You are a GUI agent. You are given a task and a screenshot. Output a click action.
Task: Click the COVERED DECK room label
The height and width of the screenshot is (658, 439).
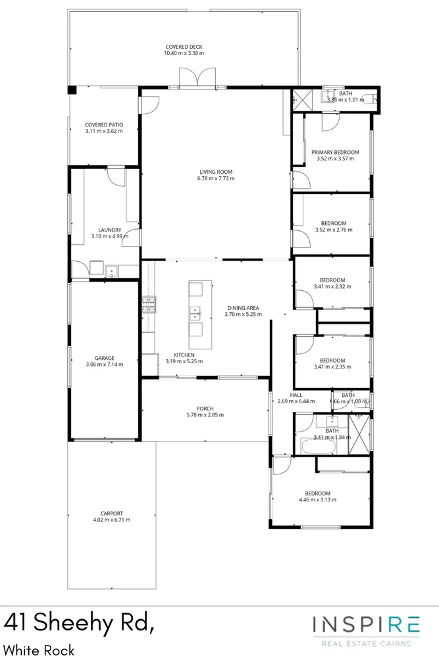point(184,47)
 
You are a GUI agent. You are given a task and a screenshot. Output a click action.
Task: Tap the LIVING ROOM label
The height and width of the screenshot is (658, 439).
point(217,172)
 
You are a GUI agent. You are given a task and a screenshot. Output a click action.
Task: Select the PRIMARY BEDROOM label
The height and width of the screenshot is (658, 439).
point(335,152)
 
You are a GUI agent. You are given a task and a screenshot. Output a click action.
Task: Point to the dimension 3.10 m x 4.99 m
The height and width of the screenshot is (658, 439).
point(105,236)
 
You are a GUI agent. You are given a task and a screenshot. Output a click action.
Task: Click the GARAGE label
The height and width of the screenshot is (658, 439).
point(105,359)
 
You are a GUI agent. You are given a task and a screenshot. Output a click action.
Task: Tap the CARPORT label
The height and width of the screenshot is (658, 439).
point(111,514)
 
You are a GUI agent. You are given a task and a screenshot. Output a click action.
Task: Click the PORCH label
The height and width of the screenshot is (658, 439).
point(205,408)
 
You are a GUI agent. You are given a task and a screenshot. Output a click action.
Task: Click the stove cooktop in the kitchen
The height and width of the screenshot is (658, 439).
point(148,304)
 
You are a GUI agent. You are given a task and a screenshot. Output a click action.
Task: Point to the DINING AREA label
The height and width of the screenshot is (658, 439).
point(243,307)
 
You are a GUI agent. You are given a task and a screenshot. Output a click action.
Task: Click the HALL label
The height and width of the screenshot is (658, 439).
point(287,395)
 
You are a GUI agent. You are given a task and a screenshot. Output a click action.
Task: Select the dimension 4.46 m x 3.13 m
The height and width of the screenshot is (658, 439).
point(317,500)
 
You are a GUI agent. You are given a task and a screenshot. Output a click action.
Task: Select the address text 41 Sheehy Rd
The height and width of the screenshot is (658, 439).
point(80,622)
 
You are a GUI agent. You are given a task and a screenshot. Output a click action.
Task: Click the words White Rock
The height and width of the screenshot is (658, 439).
point(39,650)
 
